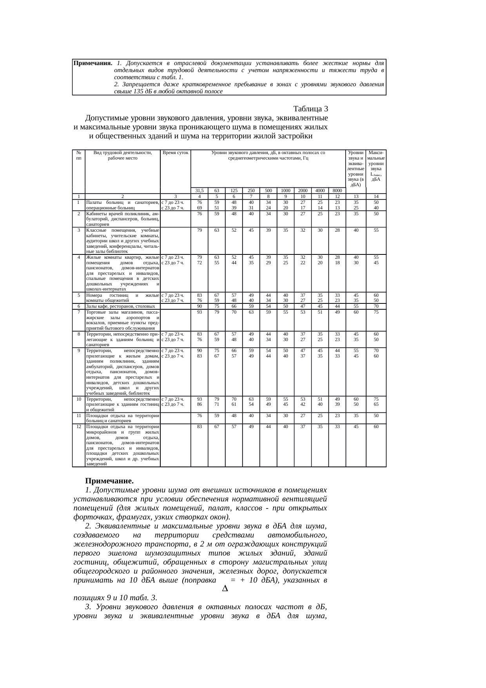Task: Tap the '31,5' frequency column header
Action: (x=199, y=191)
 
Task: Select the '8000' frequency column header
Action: (x=337, y=191)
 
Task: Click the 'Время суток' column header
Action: (x=175, y=152)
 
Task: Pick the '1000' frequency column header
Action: (x=285, y=191)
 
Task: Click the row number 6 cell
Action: (x=79, y=306)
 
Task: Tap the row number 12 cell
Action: (x=79, y=426)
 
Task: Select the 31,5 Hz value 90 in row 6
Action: (x=199, y=306)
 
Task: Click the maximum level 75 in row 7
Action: (x=376, y=312)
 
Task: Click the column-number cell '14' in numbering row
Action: (x=376, y=197)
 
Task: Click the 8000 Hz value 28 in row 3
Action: (x=337, y=230)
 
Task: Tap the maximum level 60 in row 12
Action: (x=376, y=426)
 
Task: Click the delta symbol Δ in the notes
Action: (x=225, y=588)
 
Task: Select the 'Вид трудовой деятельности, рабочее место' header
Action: (x=122, y=155)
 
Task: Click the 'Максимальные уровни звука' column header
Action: (x=376, y=166)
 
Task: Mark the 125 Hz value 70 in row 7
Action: (x=234, y=312)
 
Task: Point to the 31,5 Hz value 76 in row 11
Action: (x=199, y=415)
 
